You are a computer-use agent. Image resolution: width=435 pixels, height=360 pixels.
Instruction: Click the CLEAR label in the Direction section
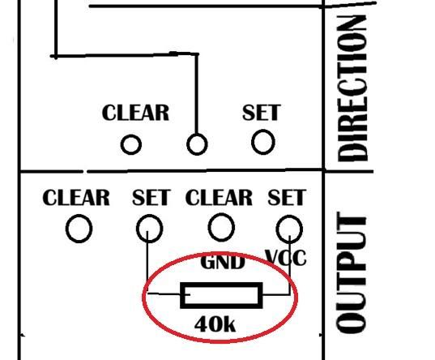[x=135, y=113]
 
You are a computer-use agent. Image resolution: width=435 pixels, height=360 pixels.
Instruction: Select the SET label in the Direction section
[x=262, y=112]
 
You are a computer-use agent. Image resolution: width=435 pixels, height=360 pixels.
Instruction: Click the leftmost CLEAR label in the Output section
[x=76, y=198]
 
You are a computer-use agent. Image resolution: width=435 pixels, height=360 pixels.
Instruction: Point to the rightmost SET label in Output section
[x=287, y=198]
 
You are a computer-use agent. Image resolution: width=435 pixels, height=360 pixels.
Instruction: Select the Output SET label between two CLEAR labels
[x=151, y=198]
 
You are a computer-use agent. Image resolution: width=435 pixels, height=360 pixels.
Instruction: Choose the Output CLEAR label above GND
[x=219, y=198]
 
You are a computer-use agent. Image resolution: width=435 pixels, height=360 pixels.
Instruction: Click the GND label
[x=223, y=262]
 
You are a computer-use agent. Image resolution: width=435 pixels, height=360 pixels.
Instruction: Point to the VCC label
[x=286, y=258]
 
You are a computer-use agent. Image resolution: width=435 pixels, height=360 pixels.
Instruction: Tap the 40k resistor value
[x=215, y=324]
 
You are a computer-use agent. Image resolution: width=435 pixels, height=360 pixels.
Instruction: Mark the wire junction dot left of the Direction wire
[x=55, y=56]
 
